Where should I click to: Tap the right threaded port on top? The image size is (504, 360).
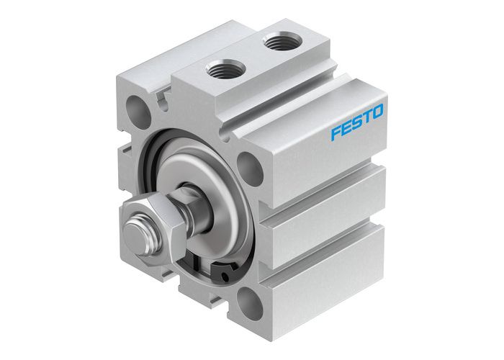click(x=277, y=43)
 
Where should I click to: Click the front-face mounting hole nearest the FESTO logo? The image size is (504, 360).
click(x=248, y=168)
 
